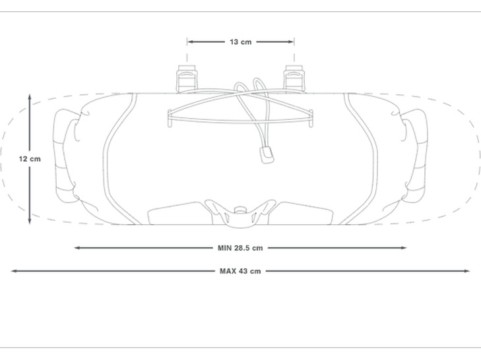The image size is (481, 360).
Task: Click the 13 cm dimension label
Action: [x=240, y=42]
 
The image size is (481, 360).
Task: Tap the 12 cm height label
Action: [x=30, y=159]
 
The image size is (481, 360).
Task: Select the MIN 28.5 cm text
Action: [x=240, y=248]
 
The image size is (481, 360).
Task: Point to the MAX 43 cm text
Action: [x=240, y=271]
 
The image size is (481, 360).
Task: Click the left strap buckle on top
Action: [x=187, y=78]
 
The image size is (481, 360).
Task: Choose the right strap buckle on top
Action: [x=294, y=78]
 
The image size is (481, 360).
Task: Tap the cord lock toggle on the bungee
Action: [x=267, y=155]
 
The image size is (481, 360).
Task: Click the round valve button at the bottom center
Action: [x=240, y=210]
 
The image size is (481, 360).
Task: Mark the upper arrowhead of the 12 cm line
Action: [x=30, y=97]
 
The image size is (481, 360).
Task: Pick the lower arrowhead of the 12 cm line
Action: [x=30, y=221]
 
